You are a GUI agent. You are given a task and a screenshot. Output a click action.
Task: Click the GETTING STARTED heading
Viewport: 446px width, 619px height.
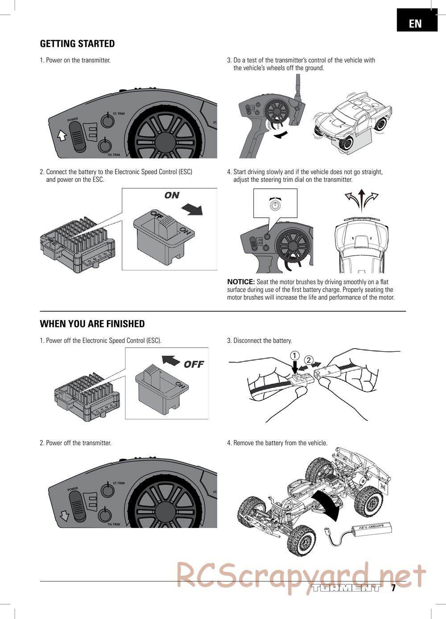coord(77,44)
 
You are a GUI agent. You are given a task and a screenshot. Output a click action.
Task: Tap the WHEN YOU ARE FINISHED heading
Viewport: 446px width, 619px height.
coord(92,324)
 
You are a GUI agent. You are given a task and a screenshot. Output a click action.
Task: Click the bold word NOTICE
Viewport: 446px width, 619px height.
coord(241,282)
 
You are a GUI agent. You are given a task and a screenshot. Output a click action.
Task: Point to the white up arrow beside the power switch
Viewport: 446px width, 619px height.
coord(62,136)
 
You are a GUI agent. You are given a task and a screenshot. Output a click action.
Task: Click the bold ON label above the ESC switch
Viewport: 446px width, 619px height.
coord(172,195)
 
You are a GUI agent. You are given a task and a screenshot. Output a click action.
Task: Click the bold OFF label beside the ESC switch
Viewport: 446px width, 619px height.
coord(194,364)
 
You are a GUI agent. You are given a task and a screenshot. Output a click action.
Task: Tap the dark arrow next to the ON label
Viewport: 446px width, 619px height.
coord(192,209)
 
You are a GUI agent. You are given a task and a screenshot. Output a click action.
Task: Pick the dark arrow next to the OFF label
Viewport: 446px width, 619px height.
coord(171,360)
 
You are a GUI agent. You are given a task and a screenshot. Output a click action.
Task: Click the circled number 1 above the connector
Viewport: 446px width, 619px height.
coord(295,355)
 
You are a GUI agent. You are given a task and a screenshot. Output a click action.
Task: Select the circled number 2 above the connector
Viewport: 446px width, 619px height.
coord(309,360)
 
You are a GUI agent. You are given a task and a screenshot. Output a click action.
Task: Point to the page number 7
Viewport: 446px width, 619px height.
coord(393,588)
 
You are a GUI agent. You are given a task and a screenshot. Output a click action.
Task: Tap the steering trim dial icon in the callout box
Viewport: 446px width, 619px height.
coord(275,205)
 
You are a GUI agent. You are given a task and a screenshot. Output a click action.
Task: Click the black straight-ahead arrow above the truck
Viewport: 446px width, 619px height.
coord(362,200)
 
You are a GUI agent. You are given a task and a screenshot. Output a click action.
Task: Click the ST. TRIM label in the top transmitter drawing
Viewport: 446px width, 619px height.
coord(119,113)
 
